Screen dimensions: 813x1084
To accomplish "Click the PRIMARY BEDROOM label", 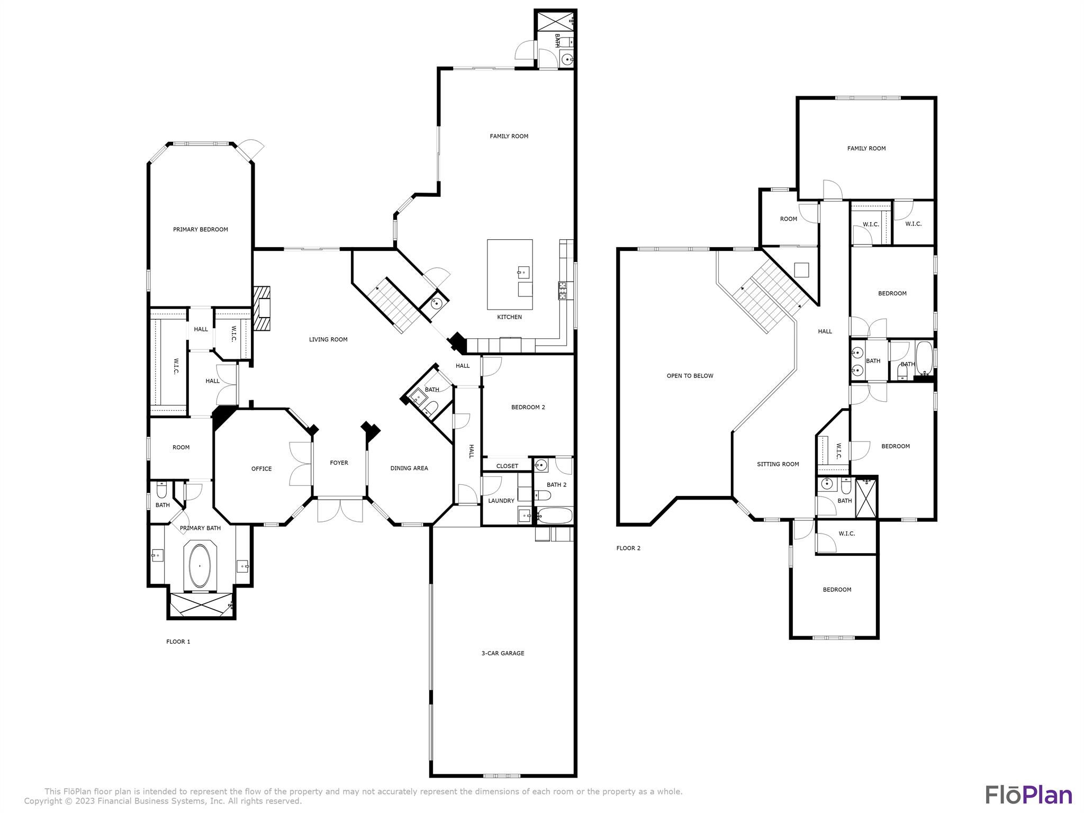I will pos(200,229).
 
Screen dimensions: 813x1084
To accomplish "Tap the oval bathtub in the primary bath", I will pos(200,565).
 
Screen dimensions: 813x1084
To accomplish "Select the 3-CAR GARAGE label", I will pos(502,653).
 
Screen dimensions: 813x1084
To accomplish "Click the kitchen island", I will pos(509,274).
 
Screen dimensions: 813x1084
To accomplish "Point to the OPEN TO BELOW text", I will pos(690,376).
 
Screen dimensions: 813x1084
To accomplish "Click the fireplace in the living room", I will pos(262,309).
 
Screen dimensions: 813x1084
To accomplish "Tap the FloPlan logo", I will pos(1028,794).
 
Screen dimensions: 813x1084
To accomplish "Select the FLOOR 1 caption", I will pos(178,642).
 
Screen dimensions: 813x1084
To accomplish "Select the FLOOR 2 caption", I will pos(628,548).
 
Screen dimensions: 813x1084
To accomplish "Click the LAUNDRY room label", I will pos(501,501).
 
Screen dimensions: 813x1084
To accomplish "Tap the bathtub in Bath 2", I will pos(555,515).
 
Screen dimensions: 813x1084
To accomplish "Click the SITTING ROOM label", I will pos(778,464).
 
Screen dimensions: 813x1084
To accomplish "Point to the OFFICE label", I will pos(261,468).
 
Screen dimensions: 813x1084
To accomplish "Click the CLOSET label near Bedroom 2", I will pos(507,466).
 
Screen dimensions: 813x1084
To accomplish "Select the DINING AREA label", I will pos(409,468).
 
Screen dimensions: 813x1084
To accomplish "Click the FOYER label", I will pos(339,463).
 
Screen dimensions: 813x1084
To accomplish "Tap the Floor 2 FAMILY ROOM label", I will pos(866,148).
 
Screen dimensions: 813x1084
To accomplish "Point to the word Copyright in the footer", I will pos(42,801).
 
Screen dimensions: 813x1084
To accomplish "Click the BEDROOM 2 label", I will pos(528,407).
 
